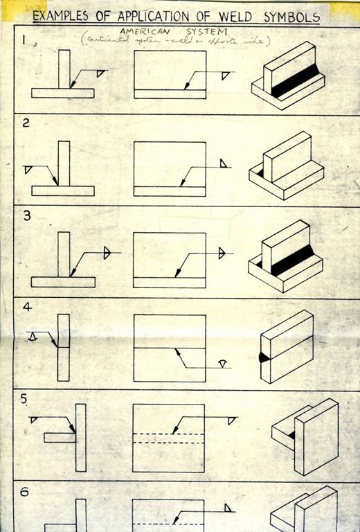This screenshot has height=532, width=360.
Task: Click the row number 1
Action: [25, 40]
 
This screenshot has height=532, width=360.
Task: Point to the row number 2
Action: [26, 125]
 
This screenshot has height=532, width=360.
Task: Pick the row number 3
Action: [26, 215]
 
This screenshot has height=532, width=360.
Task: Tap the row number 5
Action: [26, 398]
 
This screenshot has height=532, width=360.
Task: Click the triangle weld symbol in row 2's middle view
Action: [224, 163]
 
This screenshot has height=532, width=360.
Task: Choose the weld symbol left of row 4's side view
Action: [33, 335]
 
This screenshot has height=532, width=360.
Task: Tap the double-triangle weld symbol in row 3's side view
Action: [107, 253]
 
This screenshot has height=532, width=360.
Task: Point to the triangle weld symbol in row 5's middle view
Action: [231, 420]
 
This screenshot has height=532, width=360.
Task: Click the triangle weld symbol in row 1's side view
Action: [101, 73]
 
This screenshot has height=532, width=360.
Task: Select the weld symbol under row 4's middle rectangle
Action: [222, 364]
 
